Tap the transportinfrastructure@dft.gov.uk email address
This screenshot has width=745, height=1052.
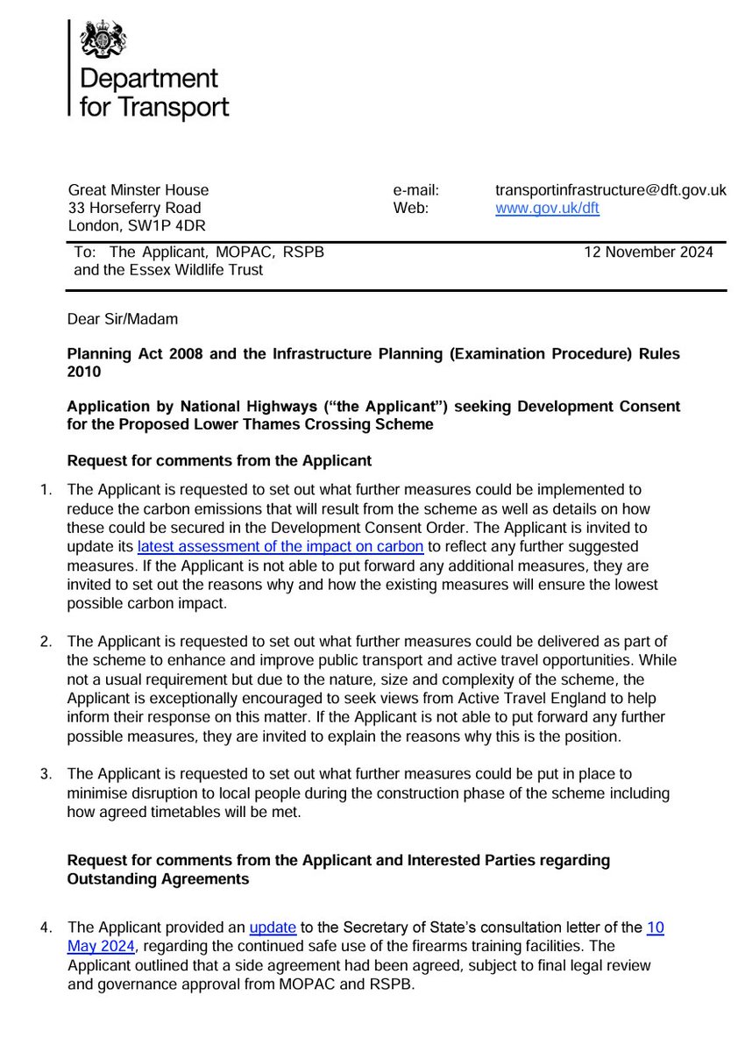point(610,189)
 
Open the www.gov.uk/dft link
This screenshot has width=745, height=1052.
point(547,208)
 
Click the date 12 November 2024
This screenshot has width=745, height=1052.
point(648,252)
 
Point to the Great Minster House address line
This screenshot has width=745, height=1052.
point(138,189)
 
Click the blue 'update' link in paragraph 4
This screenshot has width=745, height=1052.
point(273,928)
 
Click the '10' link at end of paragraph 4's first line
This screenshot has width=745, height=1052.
point(655,928)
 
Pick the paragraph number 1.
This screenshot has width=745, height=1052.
point(46,489)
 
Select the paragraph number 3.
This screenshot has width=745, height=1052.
point(46,773)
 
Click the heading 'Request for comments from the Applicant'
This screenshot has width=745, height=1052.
point(219,460)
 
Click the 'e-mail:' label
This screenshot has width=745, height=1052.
point(416,189)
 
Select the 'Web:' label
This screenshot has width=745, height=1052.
point(410,208)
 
